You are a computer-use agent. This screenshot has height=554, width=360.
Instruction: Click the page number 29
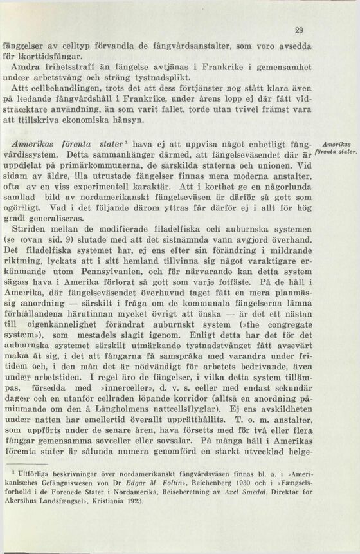click(x=299, y=30)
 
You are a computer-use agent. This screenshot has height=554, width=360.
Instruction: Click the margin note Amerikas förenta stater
click(x=337, y=149)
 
